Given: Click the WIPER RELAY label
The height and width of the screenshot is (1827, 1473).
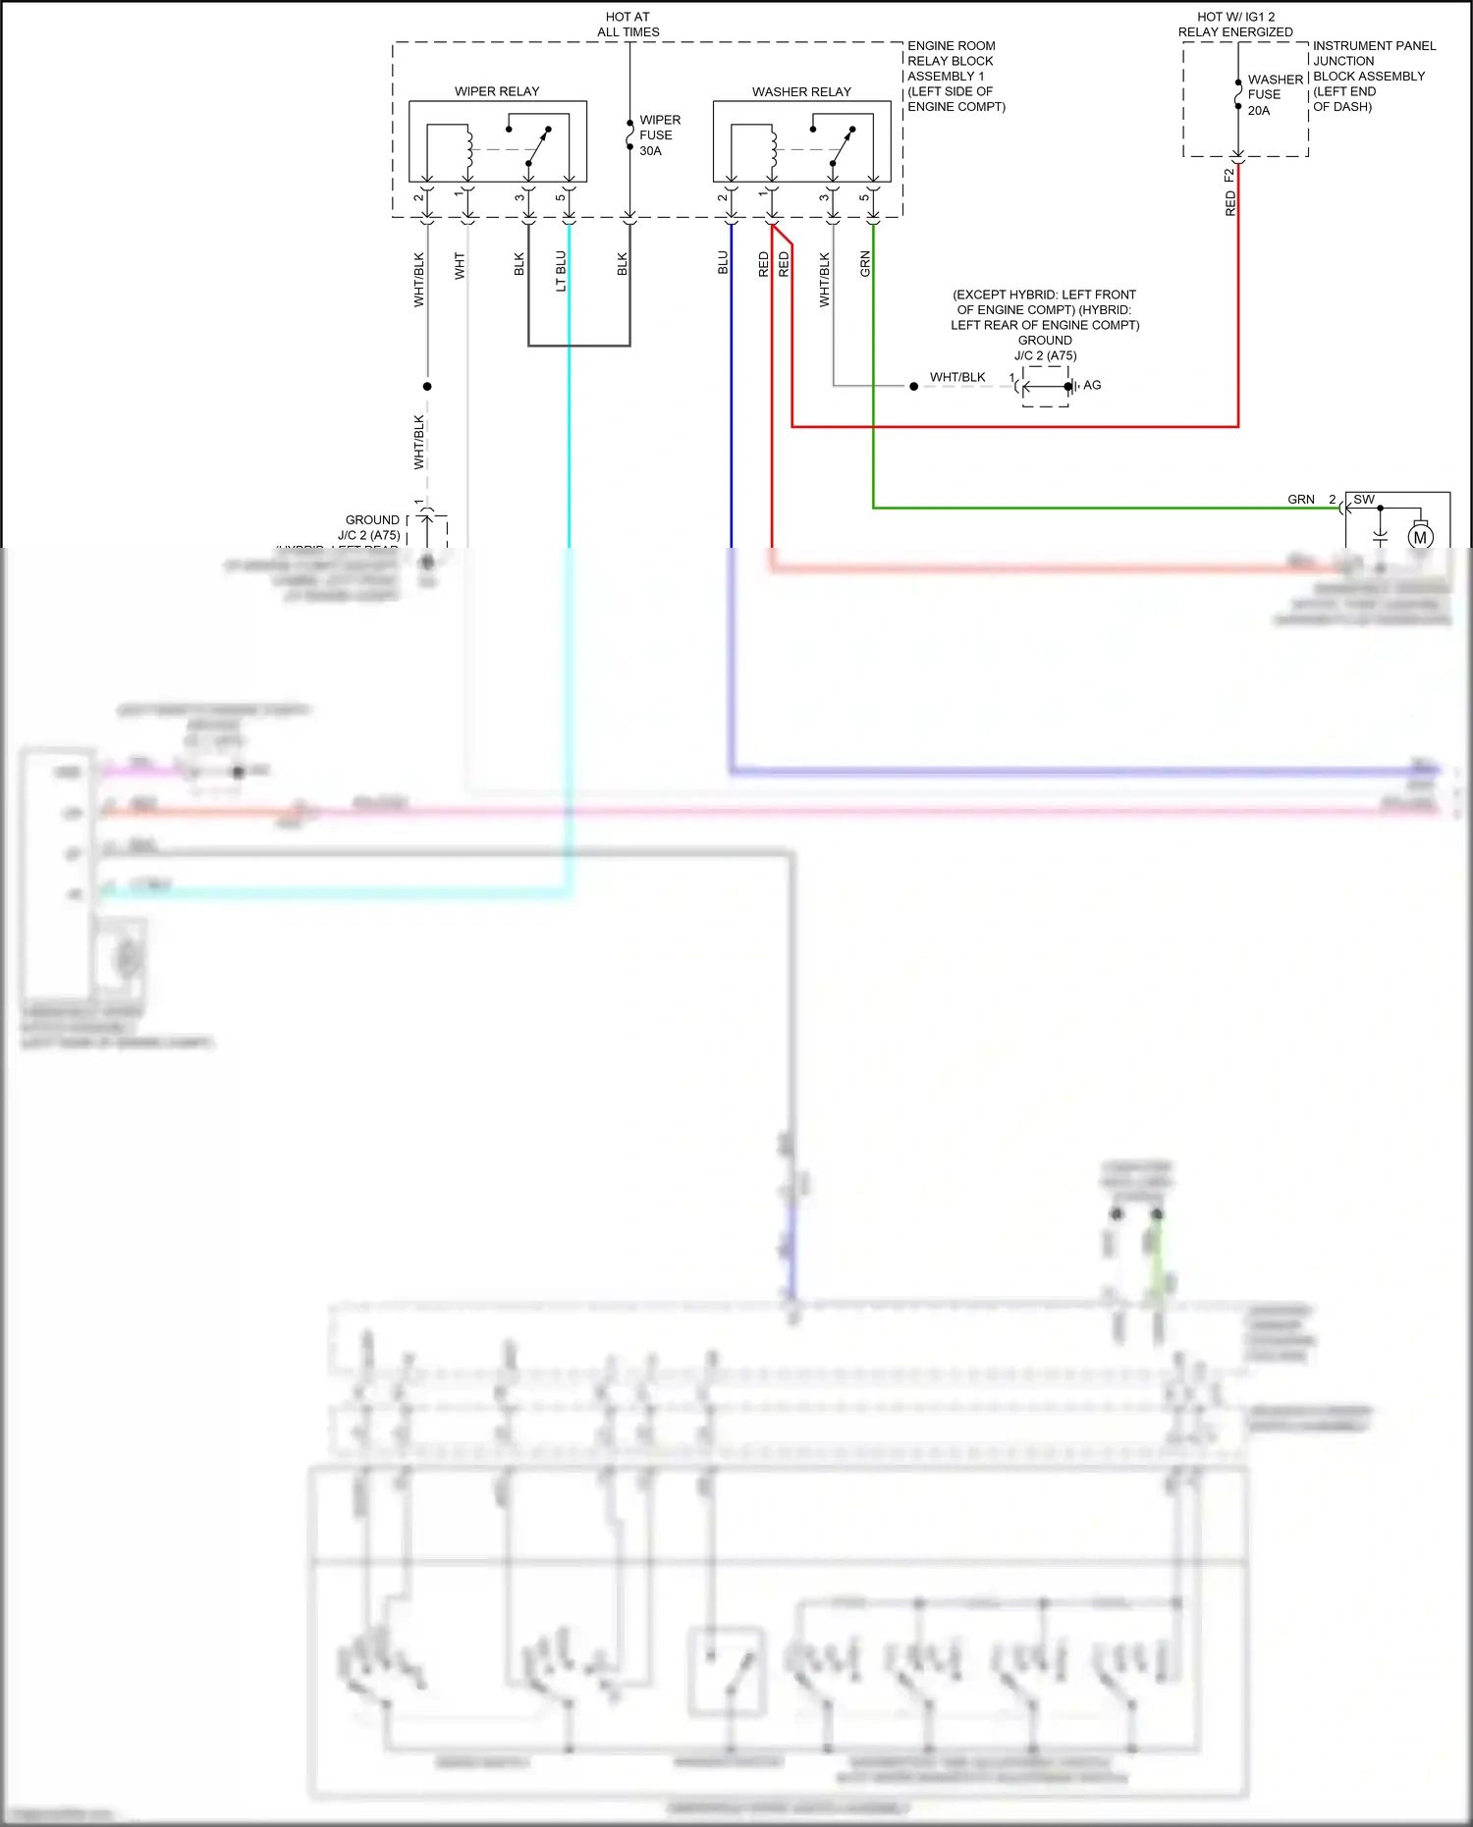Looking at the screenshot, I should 497,91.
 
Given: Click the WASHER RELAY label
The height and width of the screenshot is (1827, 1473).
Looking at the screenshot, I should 801,91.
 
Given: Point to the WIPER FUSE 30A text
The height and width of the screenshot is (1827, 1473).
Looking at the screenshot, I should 659,135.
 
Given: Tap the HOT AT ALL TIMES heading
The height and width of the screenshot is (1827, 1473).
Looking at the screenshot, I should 628,25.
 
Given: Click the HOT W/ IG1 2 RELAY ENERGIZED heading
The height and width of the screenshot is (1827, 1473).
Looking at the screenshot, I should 1235,25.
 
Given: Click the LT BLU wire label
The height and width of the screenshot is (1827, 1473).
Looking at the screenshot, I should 561,271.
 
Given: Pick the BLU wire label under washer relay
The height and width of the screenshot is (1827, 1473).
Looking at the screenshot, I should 723,263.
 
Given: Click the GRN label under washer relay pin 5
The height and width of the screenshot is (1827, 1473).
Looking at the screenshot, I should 865,263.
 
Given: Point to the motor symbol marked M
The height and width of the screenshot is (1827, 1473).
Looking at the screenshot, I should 1420,537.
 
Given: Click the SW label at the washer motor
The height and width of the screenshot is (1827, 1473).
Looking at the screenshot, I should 1364,499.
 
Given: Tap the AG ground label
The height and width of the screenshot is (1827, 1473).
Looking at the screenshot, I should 1092,385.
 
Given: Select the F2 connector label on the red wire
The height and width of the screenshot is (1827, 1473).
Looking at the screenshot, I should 1228,176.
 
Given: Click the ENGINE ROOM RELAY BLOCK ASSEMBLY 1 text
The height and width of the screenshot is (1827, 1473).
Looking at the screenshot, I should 955,76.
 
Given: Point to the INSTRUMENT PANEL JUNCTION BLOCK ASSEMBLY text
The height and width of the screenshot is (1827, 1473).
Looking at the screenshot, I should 1373,76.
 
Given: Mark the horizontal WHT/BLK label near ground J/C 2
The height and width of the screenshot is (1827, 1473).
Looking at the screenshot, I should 957,377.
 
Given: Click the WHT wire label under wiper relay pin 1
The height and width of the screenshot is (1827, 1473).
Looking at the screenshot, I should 460,266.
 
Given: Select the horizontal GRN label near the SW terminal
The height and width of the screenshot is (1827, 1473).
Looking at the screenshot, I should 1300,499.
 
